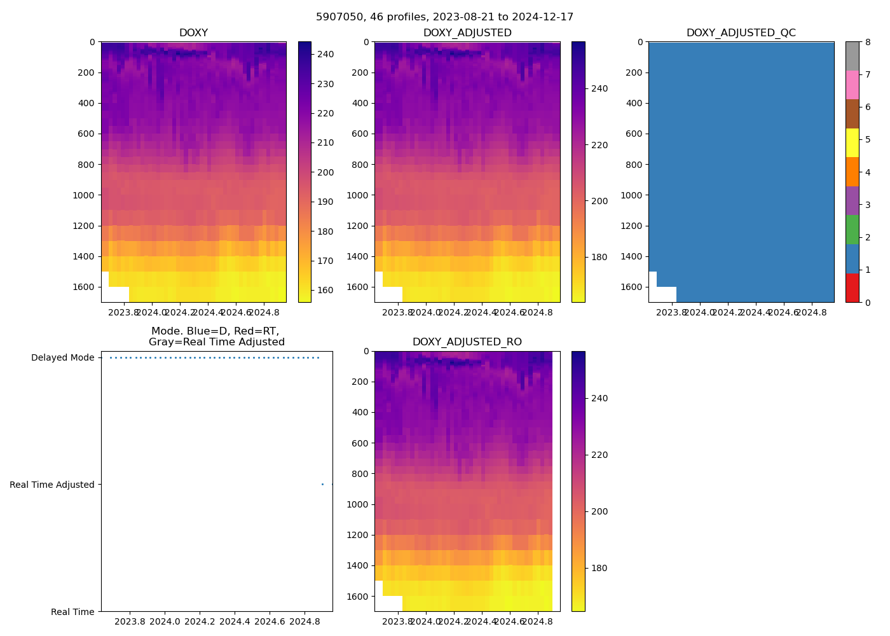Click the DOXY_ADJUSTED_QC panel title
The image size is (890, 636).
741,33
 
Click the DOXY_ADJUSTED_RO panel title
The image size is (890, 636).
467,342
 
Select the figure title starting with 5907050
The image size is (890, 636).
444,17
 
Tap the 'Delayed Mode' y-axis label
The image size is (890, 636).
62,358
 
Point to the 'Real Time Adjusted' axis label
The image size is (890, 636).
52,485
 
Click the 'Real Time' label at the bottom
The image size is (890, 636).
72,612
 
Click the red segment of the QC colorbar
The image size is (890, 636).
852,288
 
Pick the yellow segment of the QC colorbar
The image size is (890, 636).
852,143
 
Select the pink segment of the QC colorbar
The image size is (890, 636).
852,85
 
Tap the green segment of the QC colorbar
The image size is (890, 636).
852,230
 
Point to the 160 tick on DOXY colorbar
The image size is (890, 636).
325,291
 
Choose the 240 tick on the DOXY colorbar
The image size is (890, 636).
325,55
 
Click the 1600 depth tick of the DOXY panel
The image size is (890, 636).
83,287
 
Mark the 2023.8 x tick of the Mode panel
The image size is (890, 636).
130,621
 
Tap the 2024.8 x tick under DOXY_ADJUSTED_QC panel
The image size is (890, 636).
811,312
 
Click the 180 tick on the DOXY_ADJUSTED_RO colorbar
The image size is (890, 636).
599,569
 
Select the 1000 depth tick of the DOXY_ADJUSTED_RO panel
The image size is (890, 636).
357,504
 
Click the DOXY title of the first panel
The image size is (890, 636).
193,33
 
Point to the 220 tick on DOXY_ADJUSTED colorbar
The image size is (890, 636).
599,145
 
